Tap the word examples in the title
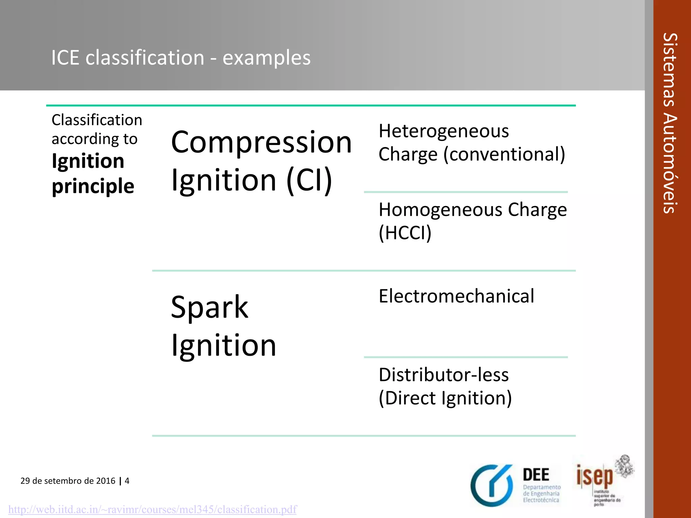pyautogui.click(x=267, y=58)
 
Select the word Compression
pyautogui.click(x=261, y=142)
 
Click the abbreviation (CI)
pyautogui.click(x=309, y=180)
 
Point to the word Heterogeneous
pyautogui.click(x=443, y=131)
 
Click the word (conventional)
pyautogui.click(x=504, y=154)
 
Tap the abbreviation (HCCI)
pyautogui.click(x=405, y=233)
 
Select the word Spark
pyautogui.click(x=210, y=307)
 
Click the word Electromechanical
pyautogui.click(x=456, y=296)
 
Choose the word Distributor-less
pyautogui.click(x=443, y=375)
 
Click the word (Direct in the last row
pyautogui.click(x=407, y=398)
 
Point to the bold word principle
pyautogui.click(x=93, y=186)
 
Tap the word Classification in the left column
pyautogui.click(x=97, y=120)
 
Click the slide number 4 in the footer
pyautogui.click(x=127, y=481)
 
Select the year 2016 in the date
pyautogui.click(x=106, y=481)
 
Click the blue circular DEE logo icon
pyautogui.click(x=492, y=486)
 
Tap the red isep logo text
pyautogui.click(x=595, y=476)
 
